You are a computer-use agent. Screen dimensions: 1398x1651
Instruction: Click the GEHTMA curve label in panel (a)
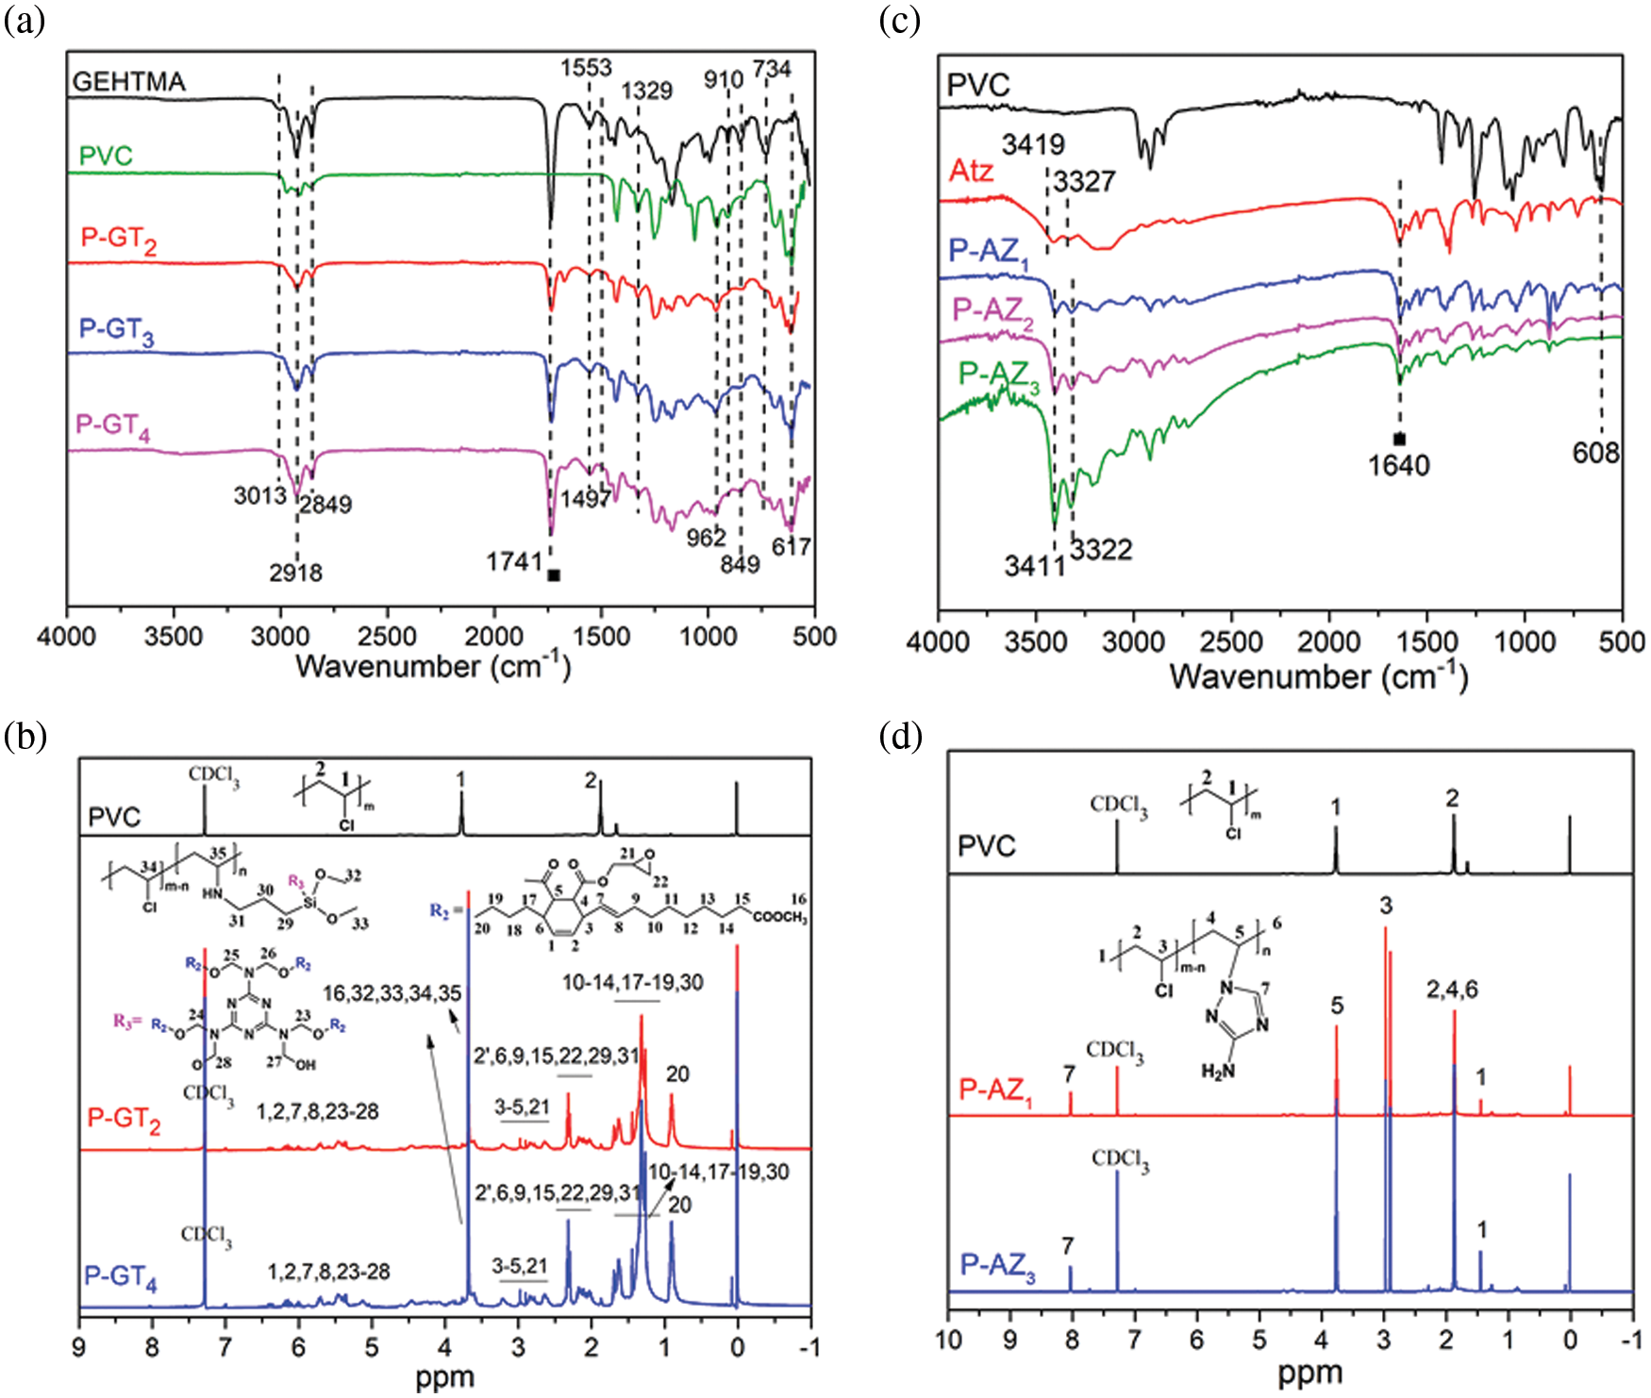[x=129, y=82]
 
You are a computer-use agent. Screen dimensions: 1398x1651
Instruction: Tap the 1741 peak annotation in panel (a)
[x=514, y=562]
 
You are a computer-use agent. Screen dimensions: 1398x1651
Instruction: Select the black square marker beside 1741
[x=554, y=574]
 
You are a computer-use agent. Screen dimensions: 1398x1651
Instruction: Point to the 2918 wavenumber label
[x=295, y=573]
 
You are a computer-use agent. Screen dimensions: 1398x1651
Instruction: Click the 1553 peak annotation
[x=586, y=68]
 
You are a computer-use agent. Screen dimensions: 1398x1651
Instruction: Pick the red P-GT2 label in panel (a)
[x=119, y=239]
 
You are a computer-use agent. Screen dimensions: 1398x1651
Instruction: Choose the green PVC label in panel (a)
[x=106, y=156]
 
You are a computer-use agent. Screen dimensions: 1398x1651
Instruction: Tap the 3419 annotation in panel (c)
[x=1033, y=144]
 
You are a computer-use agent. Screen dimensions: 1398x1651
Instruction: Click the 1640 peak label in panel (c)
[x=1399, y=465]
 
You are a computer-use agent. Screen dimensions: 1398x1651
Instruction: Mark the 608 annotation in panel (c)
[x=1595, y=453]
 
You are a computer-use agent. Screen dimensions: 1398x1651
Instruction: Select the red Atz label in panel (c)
[x=971, y=171]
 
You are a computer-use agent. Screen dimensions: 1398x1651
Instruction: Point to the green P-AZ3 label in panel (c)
[x=999, y=376]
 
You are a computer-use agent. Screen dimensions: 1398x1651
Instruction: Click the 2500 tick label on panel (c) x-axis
[x=1231, y=642]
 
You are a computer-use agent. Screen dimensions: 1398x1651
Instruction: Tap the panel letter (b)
[x=25, y=736]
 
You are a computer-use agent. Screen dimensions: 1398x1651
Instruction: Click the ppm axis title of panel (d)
[x=1309, y=1373]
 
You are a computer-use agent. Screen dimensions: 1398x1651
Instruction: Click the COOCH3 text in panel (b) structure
[x=780, y=917]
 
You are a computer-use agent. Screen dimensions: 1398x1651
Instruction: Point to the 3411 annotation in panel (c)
[x=1035, y=566]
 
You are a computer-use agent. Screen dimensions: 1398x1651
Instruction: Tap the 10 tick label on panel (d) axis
[x=948, y=1340]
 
